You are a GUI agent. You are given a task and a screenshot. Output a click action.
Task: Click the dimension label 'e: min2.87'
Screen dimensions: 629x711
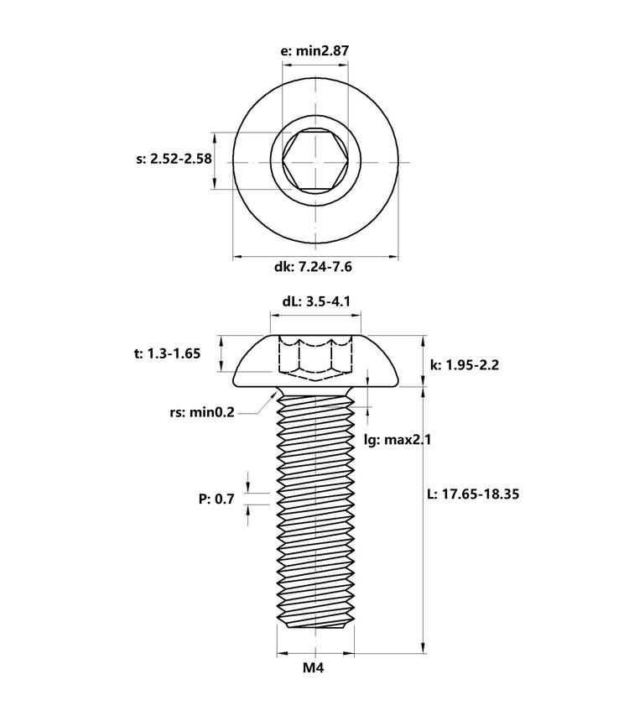coord(315,50)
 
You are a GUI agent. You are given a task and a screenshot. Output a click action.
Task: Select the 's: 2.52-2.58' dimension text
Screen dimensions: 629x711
coord(174,159)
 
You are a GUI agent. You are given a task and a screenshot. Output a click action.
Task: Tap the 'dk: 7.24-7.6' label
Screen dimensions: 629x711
coord(313,266)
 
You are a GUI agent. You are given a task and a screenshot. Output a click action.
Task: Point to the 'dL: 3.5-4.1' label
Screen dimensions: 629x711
coord(316,301)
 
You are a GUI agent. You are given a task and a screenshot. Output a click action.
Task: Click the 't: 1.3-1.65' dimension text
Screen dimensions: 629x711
coord(167,353)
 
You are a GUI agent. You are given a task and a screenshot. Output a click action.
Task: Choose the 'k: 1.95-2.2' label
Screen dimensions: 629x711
coord(465,364)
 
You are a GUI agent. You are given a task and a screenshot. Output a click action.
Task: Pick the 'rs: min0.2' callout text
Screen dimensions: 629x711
coord(202,412)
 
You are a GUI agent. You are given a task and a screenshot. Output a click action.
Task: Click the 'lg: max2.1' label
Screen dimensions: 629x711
coord(398,439)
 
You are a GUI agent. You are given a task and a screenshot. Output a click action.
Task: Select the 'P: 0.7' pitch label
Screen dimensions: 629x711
coord(216,499)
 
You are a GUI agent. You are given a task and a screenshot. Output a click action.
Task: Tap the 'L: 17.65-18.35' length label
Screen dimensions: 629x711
coord(473,494)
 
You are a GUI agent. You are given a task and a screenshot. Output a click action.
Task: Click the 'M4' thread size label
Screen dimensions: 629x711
coord(314,667)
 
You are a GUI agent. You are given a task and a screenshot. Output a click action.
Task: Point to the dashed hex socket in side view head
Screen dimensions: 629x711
coord(315,358)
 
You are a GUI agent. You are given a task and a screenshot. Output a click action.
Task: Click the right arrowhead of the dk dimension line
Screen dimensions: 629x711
coord(393,257)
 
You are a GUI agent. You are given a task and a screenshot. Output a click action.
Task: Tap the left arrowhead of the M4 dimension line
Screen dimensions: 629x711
coord(283,653)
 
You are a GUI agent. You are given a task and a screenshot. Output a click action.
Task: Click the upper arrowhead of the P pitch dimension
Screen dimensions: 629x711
coord(248,487)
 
